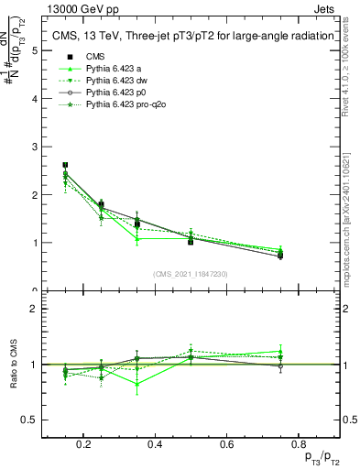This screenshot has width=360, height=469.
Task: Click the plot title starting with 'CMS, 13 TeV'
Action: pos(191,36)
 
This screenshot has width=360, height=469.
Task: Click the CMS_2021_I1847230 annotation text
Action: pos(191,274)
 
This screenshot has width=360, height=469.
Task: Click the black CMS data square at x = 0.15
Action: pos(65,165)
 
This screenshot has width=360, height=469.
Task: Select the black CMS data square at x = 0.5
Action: pos(190,241)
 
